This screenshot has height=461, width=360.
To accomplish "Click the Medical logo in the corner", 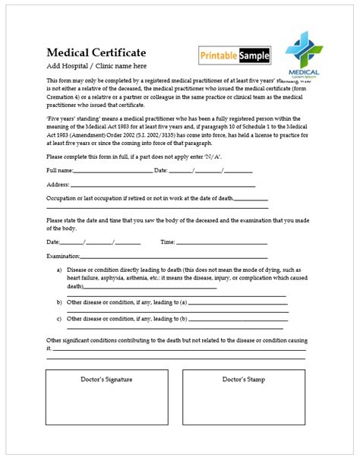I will (x=303, y=54).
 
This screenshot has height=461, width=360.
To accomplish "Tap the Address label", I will (x=58, y=185).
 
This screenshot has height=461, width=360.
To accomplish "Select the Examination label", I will (x=64, y=256).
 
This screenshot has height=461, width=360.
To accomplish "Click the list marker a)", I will (x=59, y=270).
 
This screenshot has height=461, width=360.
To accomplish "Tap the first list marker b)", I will (x=59, y=302).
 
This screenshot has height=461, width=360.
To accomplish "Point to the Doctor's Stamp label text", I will (x=243, y=379).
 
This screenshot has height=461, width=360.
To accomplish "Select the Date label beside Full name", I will (x=160, y=171).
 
